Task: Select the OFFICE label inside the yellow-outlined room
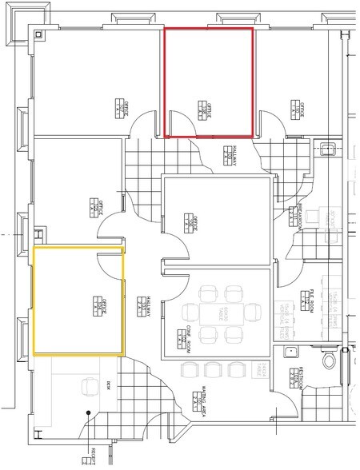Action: pyautogui.click(x=102, y=306)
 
